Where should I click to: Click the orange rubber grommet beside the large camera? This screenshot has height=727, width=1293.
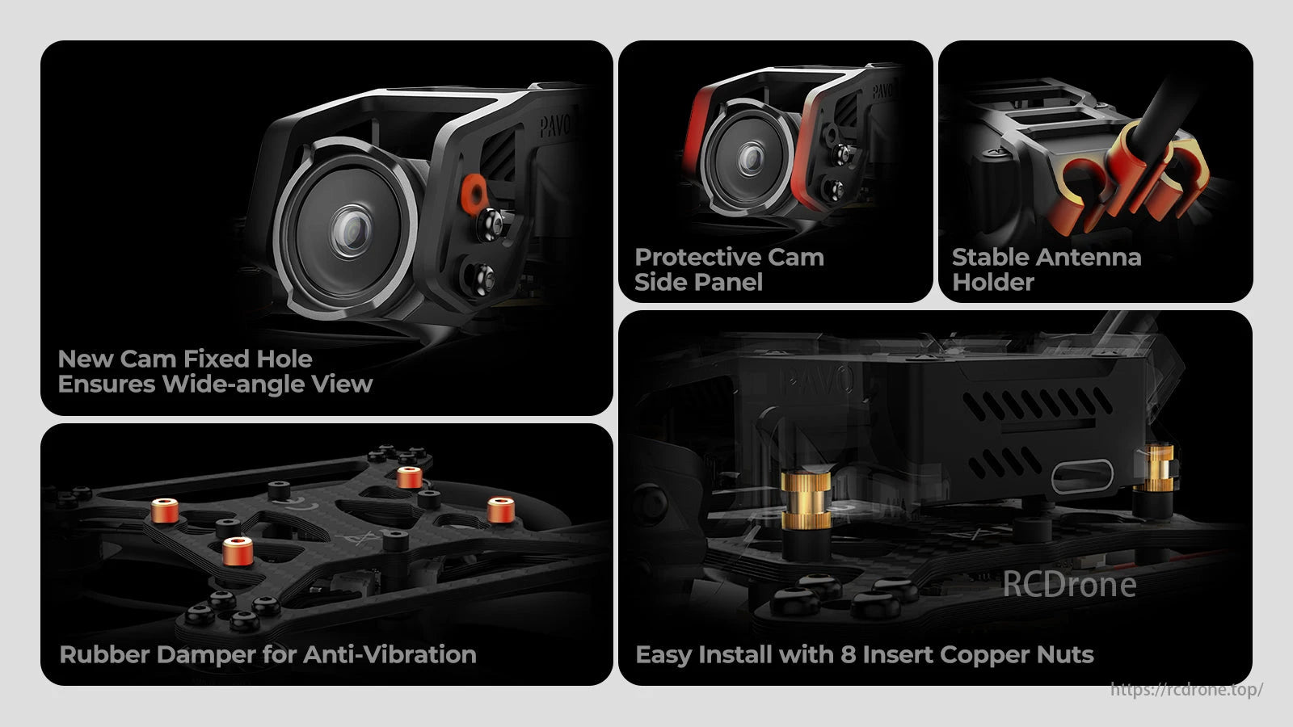[x=474, y=191]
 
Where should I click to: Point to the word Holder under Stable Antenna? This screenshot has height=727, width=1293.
[x=993, y=282]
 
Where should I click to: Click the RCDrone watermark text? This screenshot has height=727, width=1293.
[x=1069, y=584]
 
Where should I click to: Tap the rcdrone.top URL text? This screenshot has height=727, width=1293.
[x=1186, y=689]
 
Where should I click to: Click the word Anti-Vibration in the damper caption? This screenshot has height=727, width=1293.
[x=390, y=655]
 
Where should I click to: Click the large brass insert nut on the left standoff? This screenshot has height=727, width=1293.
[x=807, y=500]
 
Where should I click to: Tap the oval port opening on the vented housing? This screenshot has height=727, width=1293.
[x=1082, y=477]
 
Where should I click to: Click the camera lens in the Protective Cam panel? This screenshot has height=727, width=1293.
[x=751, y=158]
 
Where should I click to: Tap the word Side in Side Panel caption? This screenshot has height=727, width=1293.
[x=660, y=282]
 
